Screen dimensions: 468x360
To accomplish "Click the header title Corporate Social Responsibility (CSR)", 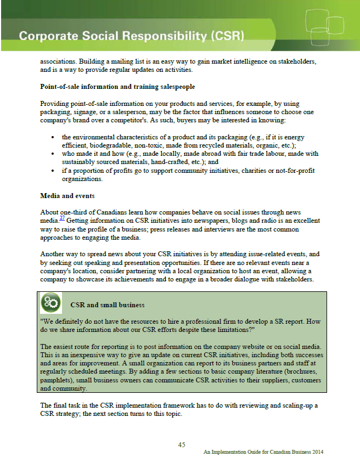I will (x=132, y=37).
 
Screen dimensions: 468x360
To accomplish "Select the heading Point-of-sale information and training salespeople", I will (x=117, y=87).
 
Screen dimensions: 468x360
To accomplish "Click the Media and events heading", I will (x=67, y=195).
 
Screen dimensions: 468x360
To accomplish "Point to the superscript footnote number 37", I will (x=63, y=218).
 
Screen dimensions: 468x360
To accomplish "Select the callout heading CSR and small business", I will (x=108, y=305).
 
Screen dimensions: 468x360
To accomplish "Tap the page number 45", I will (x=182, y=444).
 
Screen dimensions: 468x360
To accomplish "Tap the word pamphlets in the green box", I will (x=58, y=380).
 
